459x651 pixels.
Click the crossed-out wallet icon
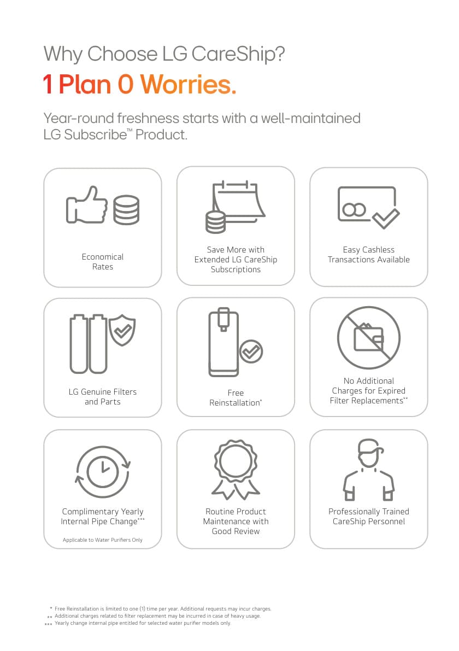point(368,338)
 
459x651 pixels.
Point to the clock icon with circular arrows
point(103,472)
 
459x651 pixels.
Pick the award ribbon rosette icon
point(236,470)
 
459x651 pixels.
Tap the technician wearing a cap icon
point(368,470)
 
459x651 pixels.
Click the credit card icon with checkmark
point(368,207)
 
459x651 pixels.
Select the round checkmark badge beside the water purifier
point(251,351)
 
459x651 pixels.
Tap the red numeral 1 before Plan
point(48,85)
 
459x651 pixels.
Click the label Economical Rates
point(103,262)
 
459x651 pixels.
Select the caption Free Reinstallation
point(236,398)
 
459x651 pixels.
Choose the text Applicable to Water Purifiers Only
point(103,539)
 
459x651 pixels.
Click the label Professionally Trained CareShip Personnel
point(368,517)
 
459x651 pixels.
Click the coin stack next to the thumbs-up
point(126,210)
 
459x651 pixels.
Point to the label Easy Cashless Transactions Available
point(368,255)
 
